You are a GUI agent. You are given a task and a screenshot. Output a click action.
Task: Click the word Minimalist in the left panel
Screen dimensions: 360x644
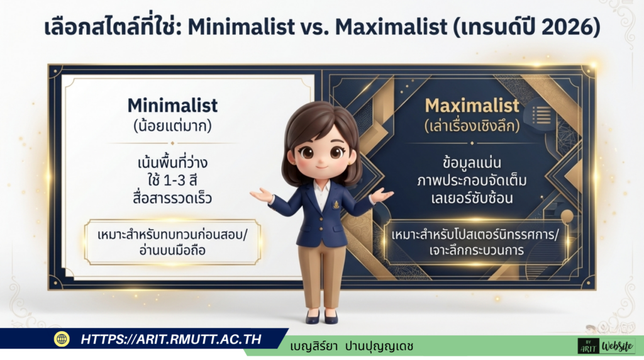pyautogui.click(x=172, y=104)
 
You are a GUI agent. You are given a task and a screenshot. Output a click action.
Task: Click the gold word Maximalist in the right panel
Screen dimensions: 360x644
pyautogui.click(x=472, y=104)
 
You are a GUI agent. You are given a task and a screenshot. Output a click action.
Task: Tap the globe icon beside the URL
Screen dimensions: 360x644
pyautogui.click(x=62, y=339)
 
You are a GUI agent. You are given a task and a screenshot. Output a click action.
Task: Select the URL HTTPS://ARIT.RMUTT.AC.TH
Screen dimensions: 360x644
pyautogui.click(x=170, y=339)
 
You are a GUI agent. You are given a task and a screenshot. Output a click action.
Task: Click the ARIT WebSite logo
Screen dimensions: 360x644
pyautogui.click(x=606, y=346)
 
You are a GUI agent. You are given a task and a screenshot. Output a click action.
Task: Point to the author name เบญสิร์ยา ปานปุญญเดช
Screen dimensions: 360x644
pyautogui.click(x=352, y=346)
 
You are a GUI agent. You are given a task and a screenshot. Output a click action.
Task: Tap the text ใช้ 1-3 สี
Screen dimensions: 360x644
pyautogui.click(x=172, y=182)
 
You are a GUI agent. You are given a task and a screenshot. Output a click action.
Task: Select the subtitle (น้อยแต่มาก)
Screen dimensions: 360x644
pyautogui.click(x=172, y=125)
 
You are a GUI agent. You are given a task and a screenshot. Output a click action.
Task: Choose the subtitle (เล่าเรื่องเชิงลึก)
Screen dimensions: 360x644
pyautogui.click(x=472, y=125)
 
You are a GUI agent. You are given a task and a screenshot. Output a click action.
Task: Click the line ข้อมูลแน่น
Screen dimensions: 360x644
pyautogui.click(x=472, y=162)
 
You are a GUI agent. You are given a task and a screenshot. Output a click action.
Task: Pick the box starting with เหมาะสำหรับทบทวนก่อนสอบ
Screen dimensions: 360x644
pyautogui.click(x=172, y=242)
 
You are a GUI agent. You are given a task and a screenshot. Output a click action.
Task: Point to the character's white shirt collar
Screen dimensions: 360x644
pyautogui.click(x=321, y=189)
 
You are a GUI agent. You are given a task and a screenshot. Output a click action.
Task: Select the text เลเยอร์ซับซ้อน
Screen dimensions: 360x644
pyautogui.click(x=472, y=198)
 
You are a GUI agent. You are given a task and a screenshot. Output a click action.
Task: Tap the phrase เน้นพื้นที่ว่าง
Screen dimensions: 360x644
pyautogui.click(x=172, y=163)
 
